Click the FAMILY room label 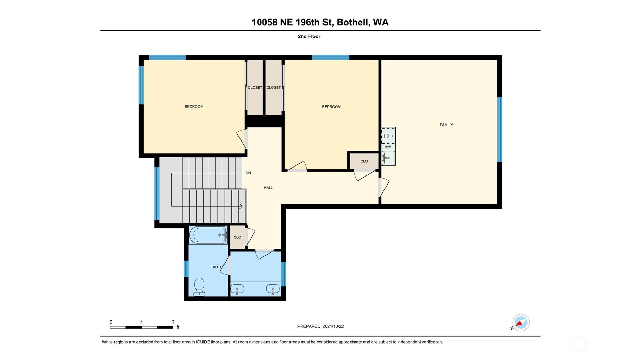tap(446, 125)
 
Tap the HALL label tap(268, 188)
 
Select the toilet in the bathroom tap(199, 287)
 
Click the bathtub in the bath tap(208, 235)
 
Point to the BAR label tap(388, 147)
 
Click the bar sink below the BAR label tap(389, 158)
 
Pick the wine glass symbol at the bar tap(388, 136)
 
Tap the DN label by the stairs tap(248, 173)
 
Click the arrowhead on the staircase tap(241, 206)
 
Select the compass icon tap(521, 323)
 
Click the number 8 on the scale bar tap(173, 322)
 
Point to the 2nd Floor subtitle tap(309, 36)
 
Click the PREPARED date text tap(320, 326)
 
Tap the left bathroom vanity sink tap(237, 289)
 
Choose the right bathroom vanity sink tap(273, 289)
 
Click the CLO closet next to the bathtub tap(237, 237)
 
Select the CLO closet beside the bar tap(364, 161)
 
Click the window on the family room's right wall tap(499, 130)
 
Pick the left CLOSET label tap(255, 88)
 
